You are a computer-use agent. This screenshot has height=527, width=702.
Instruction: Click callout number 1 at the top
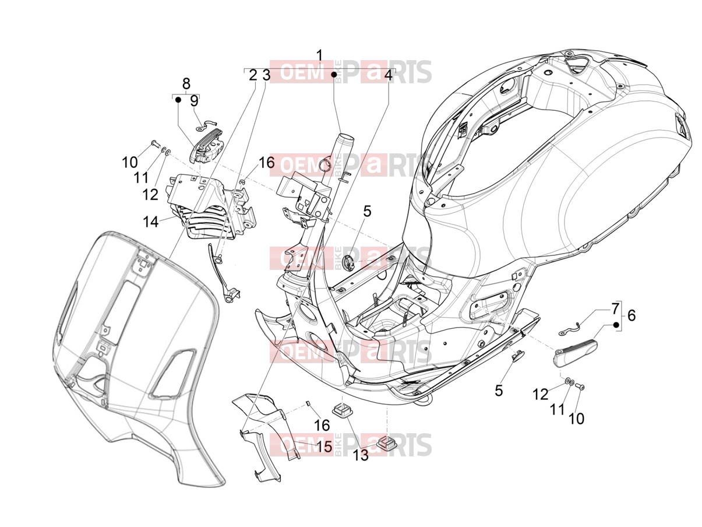(x=319, y=57)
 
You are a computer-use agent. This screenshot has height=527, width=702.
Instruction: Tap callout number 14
(x=150, y=222)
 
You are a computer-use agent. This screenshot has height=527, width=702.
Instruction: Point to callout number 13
(x=361, y=455)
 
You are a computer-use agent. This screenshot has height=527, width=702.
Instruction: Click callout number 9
(x=194, y=101)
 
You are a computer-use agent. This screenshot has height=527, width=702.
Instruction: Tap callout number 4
(x=387, y=75)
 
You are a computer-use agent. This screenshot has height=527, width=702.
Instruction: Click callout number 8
(x=186, y=83)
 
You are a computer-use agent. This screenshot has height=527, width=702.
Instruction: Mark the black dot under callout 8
(x=178, y=100)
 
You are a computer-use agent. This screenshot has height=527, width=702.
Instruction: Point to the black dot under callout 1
(x=334, y=75)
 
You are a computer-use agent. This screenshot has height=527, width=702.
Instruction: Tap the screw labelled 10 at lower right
(x=580, y=387)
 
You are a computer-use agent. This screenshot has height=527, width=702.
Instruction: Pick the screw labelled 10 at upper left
(x=154, y=143)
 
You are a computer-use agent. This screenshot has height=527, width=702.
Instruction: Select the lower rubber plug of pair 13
(x=387, y=444)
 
